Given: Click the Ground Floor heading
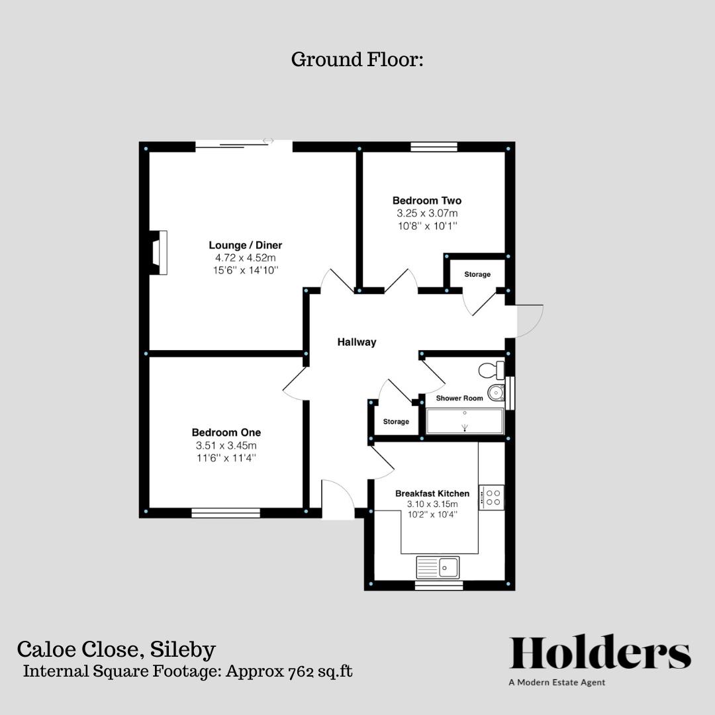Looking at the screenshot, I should point(357,60).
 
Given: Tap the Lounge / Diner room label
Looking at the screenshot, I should point(246,245).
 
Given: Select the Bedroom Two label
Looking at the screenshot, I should point(427,201).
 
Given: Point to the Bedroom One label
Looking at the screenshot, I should point(226,432).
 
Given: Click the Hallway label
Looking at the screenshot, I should point(357,342).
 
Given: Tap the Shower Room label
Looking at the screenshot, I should point(459,399).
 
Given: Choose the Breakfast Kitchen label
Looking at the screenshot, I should point(432,493).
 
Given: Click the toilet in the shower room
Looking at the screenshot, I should point(494,370).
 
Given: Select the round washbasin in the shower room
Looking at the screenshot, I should point(496,393).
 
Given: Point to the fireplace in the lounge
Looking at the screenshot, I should point(158,252).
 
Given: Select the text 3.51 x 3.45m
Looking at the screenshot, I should point(226,446).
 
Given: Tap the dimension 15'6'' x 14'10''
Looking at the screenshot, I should point(246,270).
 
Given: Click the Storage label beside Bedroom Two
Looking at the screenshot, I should point(477,274).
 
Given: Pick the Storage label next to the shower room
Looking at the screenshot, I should point(396,422).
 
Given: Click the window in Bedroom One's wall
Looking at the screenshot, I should point(226,512).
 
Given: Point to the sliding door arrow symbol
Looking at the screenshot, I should point(268,140).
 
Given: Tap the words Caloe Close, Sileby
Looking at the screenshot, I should point(117,649).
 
